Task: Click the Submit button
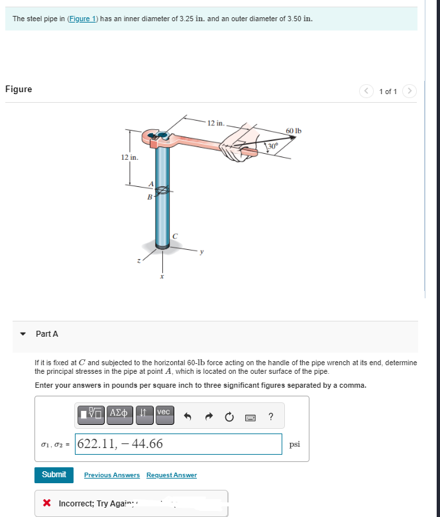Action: (x=54, y=475)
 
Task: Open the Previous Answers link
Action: (x=111, y=475)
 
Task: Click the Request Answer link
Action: (x=171, y=475)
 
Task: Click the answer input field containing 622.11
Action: (x=179, y=444)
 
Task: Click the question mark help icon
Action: (x=271, y=416)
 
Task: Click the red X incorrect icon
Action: (x=47, y=504)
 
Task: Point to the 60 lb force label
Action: (x=294, y=131)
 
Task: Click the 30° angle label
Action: (x=272, y=145)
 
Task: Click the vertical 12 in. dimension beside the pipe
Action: (x=129, y=157)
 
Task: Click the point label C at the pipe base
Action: (x=174, y=235)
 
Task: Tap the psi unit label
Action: (x=295, y=444)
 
